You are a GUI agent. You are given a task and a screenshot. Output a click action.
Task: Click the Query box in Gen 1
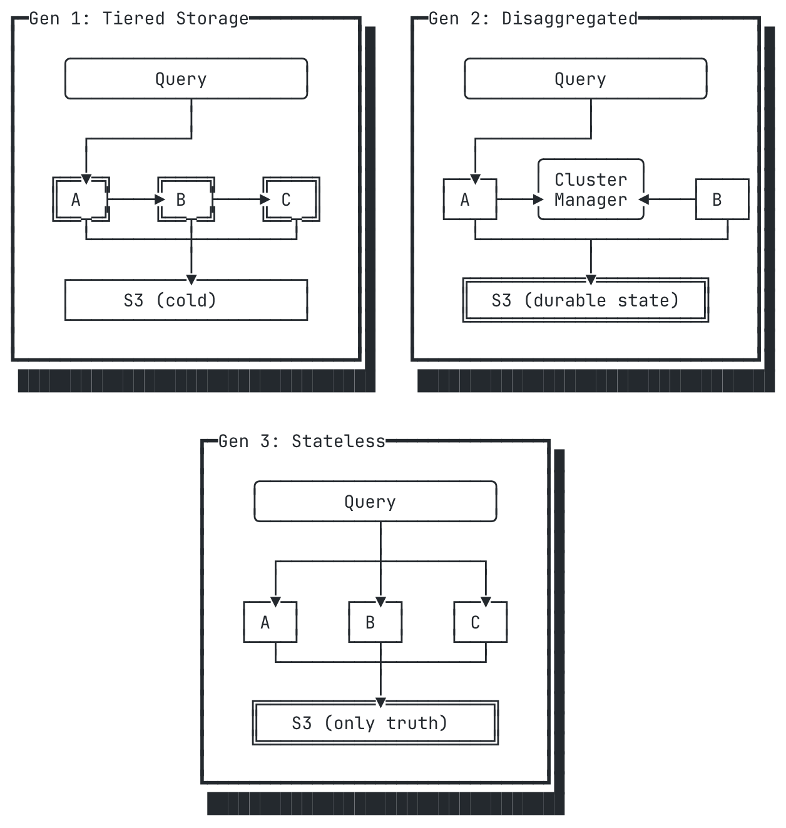pos(186,79)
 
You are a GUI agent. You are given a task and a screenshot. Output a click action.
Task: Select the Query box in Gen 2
pos(585,79)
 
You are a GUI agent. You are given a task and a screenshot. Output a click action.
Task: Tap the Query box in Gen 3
pos(375,501)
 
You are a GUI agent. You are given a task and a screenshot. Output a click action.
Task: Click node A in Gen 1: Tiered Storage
pos(81,199)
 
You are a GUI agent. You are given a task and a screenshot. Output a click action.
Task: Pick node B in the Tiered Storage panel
pos(186,199)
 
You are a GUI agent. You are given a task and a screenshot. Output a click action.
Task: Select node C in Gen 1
pos(291,199)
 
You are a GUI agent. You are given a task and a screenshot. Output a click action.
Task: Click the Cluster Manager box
pos(591,189)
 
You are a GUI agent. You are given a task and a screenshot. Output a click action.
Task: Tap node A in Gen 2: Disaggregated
pos(470,199)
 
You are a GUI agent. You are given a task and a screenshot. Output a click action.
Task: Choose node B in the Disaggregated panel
pos(722,199)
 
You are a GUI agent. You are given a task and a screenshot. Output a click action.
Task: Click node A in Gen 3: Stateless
pos(270,622)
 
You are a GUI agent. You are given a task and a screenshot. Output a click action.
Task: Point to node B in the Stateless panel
pos(375,622)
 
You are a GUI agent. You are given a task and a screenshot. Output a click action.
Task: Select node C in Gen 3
pos(481,622)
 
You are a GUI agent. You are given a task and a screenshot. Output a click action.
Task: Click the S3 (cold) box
pos(186,300)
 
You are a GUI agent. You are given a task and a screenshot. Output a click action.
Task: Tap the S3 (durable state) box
pos(585,300)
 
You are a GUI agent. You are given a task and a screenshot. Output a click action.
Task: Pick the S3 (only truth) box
pos(375,723)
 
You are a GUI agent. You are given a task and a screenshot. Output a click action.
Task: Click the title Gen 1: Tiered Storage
pos(139,19)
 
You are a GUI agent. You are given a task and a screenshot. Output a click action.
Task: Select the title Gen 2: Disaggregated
pos(533,19)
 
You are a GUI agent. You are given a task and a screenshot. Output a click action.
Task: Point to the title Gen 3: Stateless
pos(302,442)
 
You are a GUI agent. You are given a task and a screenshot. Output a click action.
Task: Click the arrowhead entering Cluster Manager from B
pos(643,199)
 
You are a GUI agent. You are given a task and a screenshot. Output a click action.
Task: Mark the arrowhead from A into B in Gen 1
pos(160,199)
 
